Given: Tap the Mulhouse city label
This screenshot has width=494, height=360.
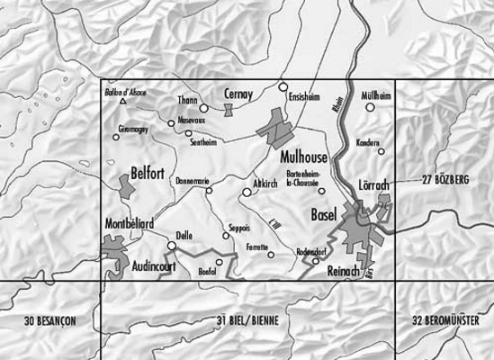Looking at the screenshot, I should click(304, 156).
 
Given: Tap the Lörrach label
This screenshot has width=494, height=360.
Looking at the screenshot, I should click(373, 184).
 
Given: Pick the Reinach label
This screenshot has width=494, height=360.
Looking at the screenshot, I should click(345, 271).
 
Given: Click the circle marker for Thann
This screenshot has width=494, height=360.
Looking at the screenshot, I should click(203, 108).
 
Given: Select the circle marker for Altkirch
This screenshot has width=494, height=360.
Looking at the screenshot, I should click(247, 192).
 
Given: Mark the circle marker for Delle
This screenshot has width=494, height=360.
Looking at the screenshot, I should click(171, 245).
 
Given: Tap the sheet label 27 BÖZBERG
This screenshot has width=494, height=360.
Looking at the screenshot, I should click(446, 181).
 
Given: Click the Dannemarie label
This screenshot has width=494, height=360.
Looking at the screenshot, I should click(193, 179).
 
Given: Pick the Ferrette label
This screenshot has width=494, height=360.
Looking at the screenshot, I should click(259, 245).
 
